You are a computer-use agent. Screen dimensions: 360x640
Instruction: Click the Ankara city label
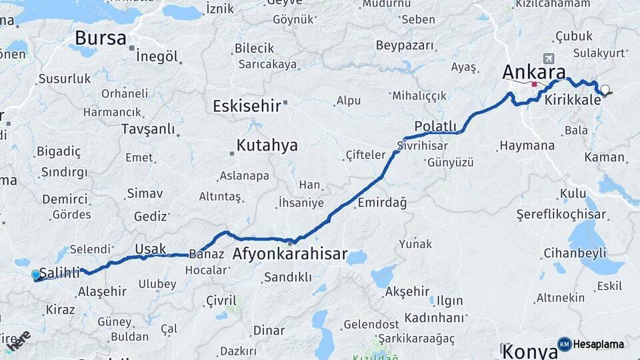point(534,73)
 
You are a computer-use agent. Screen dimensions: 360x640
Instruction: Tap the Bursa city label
point(100,38)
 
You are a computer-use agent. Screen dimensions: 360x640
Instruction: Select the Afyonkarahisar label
point(290,254)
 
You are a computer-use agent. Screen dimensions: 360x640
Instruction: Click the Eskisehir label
point(245,106)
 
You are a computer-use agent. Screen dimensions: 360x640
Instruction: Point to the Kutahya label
point(267,146)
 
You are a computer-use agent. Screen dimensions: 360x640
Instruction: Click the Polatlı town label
point(435,127)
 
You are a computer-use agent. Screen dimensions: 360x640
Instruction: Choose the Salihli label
point(60,273)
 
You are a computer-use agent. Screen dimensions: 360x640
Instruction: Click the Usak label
point(151,249)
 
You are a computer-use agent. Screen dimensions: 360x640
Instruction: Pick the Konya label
point(529,351)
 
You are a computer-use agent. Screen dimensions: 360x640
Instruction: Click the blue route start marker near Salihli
point(36,275)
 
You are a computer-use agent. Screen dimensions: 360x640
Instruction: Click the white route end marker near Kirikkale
point(605,89)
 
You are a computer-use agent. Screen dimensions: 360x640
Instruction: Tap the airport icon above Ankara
point(549,58)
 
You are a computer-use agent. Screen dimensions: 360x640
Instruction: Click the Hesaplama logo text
point(600,344)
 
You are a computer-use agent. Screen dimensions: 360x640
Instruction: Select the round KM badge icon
point(564,344)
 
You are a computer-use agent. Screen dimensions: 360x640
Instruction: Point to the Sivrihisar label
point(424,145)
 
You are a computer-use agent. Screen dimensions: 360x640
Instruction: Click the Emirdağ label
point(382,202)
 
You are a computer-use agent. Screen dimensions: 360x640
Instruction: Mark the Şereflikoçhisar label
point(561,215)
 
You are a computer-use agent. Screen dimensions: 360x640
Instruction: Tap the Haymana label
point(527,145)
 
